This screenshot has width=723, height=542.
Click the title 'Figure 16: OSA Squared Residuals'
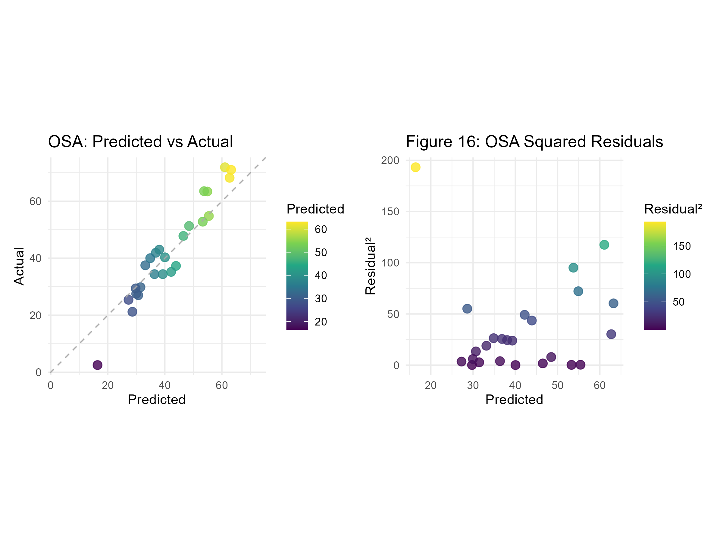click(x=534, y=142)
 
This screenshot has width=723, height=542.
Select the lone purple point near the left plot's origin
click(x=97, y=365)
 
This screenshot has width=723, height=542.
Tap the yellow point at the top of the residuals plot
click(x=415, y=167)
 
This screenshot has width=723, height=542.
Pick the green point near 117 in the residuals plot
click(x=604, y=245)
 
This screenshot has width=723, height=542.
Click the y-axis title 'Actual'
click(x=19, y=266)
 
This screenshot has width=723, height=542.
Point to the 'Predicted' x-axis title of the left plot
click(x=157, y=400)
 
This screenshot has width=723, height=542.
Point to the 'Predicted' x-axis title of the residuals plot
click(x=514, y=400)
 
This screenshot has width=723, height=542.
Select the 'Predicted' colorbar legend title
click(x=315, y=209)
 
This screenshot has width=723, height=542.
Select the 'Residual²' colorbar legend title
click(x=673, y=209)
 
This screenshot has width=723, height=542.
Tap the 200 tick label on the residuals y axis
click(x=390, y=160)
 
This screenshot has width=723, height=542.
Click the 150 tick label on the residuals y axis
click(x=390, y=212)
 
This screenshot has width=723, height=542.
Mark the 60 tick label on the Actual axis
click(x=35, y=201)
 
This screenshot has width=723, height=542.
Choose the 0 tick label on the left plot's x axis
click(x=50, y=385)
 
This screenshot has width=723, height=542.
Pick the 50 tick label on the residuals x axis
click(x=558, y=385)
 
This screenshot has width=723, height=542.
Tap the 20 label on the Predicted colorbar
click(x=321, y=322)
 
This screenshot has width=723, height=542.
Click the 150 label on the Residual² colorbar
click(x=682, y=246)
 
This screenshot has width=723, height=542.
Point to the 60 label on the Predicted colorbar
click(x=321, y=229)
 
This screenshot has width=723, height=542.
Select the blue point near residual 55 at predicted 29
click(x=467, y=309)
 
